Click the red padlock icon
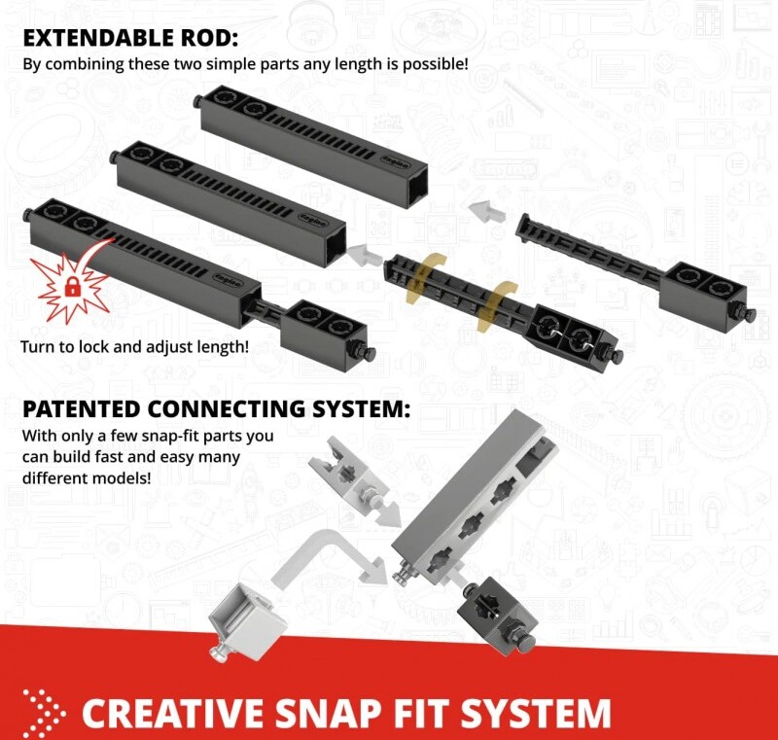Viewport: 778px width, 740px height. point(72,286)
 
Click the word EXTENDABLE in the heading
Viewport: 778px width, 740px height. point(93,38)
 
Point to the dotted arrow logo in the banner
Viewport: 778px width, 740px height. point(44,713)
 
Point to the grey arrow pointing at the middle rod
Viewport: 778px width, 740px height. point(364,255)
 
